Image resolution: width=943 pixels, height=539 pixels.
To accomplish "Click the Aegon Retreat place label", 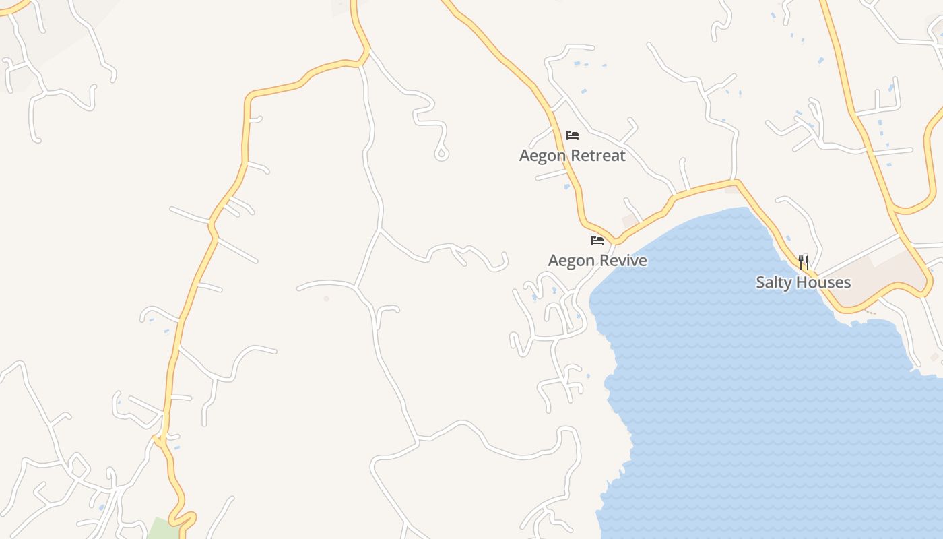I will [573, 156].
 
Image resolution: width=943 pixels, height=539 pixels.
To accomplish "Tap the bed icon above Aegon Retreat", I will [573, 135].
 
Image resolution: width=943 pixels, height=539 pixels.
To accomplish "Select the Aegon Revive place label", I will [597, 261].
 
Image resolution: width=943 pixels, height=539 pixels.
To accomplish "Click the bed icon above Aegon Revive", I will [597, 241].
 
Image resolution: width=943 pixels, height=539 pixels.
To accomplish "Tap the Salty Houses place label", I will [803, 282].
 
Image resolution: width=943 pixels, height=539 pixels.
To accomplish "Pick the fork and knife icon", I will [803, 262].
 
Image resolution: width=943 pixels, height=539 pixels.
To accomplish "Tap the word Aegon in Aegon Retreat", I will [542, 156].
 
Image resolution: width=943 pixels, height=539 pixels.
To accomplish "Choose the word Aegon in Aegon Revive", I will [571, 261].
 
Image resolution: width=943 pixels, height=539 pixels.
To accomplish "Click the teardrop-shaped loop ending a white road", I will [442, 154].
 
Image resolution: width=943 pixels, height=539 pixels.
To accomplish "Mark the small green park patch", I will [162, 529].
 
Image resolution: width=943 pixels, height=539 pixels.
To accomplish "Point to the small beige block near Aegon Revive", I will [630, 220].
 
